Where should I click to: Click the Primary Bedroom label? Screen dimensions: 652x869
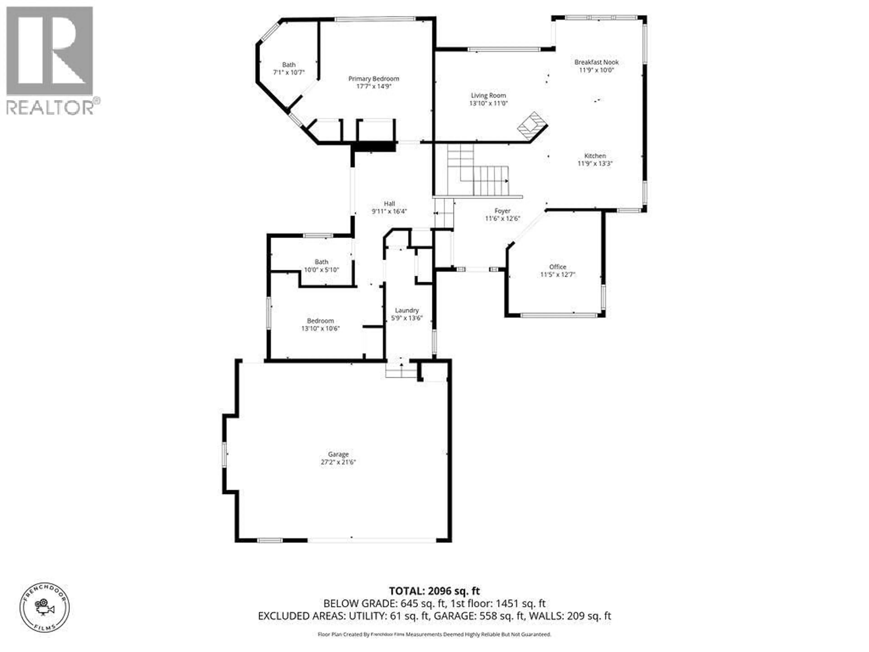374,79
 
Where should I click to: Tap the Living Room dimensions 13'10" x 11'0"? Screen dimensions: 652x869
488,103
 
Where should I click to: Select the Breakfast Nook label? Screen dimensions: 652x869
596,62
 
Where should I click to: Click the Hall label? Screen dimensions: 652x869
389,204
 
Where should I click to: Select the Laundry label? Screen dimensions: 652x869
407,310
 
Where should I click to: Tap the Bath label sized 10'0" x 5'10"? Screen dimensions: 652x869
321,262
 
